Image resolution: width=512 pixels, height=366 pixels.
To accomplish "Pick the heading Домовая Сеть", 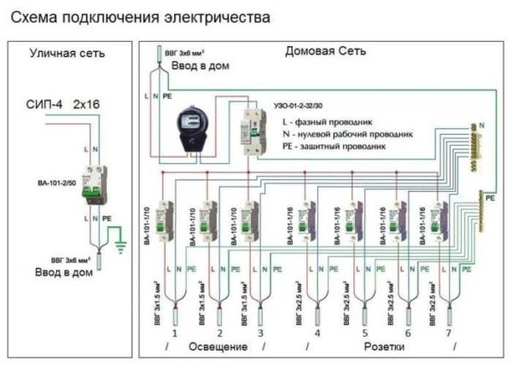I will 326,52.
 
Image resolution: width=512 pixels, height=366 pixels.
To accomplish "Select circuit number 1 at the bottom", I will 174,333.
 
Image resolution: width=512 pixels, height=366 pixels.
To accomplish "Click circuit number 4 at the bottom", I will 317,333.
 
